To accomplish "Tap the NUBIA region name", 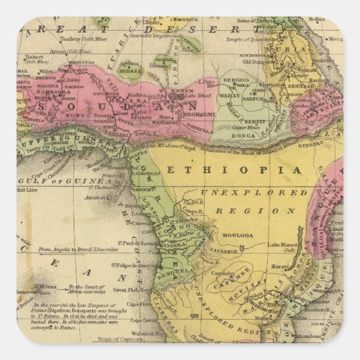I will click(x=296, y=49).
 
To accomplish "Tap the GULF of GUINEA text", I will click(x=67, y=181).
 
